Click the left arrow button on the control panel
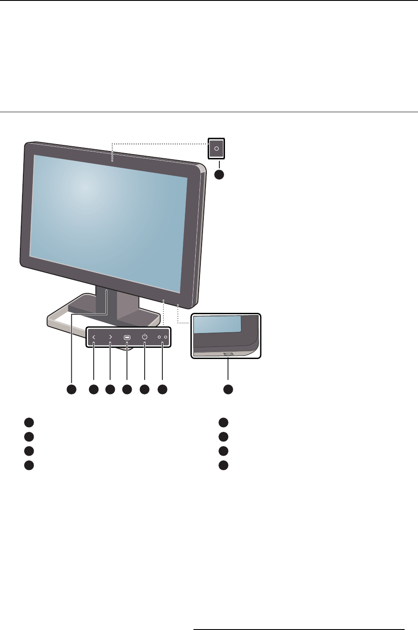pos(94,337)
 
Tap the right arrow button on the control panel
pos(111,337)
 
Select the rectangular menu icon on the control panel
pos(127,337)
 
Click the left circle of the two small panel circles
pos(159,337)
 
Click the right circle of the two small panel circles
pos(165,337)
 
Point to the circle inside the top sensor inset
pos(217,149)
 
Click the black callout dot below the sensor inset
pos(219,174)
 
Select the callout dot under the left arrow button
pos(93,389)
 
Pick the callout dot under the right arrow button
pos(110,389)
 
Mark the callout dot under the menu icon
pos(127,389)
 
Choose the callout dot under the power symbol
pos(145,389)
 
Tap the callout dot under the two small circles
pos(162,389)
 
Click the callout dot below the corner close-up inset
pos(228,389)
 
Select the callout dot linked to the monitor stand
pos(71,389)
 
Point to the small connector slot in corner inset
pos(228,354)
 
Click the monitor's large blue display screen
pos(108,216)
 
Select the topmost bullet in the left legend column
pos(28,422)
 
